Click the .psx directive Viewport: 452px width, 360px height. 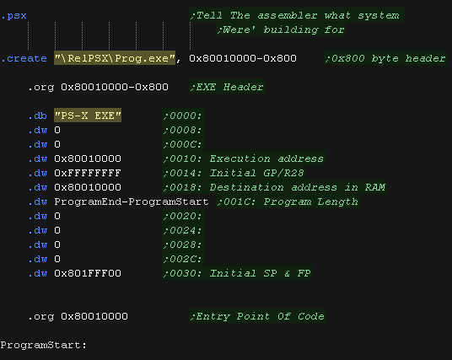coord(13,15)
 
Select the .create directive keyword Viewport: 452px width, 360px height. coord(24,58)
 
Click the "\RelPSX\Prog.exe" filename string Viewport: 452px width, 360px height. coord(115,58)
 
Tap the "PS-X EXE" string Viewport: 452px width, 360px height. coord(88,116)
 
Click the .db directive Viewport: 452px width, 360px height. coord(37,116)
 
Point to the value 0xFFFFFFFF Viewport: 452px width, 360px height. coord(88,173)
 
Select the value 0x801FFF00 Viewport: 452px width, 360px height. coord(88,273)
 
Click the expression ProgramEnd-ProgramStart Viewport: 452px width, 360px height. coord(132,201)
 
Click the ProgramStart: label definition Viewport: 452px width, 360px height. coord(44,345)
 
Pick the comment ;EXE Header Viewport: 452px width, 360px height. coord(227,87)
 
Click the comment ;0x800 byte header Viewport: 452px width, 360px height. coord(385,58)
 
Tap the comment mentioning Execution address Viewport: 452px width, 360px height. coord(244,159)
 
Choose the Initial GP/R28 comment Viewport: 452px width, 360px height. coord(234,173)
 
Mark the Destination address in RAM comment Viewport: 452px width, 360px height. coord(274,187)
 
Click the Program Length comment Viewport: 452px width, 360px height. coord(288,201)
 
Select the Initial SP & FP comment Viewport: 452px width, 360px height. coord(237,273)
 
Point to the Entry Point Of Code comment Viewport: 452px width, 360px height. coord(257,316)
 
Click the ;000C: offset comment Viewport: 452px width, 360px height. coord(183,144)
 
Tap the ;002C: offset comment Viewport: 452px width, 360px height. coord(183,259)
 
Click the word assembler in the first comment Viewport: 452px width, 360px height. coord(287,15)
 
